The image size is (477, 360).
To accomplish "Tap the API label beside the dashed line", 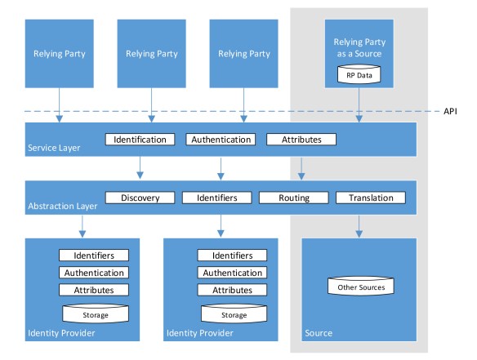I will pyautogui.click(x=451, y=111).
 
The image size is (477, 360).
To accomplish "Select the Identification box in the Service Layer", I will pyautogui.click(x=140, y=139).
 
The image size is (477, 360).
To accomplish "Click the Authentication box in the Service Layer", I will pyautogui.click(x=221, y=139).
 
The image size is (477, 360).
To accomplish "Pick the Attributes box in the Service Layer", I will pyautogui.click(x=301, y=139).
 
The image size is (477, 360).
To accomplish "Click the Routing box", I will pyautogui.click(x=294, y=198).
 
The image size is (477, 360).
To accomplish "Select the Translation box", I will pyautogui.click(x=370, y=198).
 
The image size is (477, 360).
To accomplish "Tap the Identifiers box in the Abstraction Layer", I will pyautogui.click(x=217, y=198).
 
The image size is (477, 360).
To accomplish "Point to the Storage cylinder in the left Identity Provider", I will pyautogui.click(x=93, y=313).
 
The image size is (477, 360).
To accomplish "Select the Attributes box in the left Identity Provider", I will pyautogui.click(x=93, y=290).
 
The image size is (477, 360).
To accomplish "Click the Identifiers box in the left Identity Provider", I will pyautogui.click(x=93, y=256).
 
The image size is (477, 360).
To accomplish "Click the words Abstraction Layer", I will pyautogui.click(x=61, y=207).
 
